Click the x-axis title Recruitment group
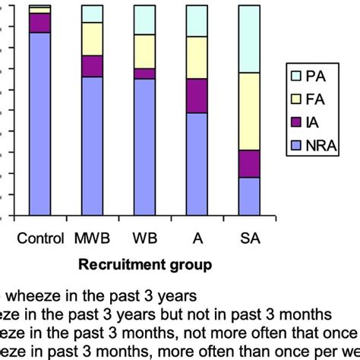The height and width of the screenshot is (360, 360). [144, 264]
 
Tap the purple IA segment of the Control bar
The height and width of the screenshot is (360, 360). [39, 23]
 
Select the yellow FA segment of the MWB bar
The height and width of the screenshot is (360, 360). [92, 39]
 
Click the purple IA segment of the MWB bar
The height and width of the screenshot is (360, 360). [92, 66]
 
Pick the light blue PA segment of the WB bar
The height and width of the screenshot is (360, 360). [144, 20]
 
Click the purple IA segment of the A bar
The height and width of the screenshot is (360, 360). [197, 96]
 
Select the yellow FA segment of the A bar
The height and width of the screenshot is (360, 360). [197, 57]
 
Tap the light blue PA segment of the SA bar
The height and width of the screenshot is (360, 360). [249, 39]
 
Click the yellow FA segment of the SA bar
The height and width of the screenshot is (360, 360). [249, 111]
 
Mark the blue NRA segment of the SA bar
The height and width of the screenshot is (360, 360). [249, 197]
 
